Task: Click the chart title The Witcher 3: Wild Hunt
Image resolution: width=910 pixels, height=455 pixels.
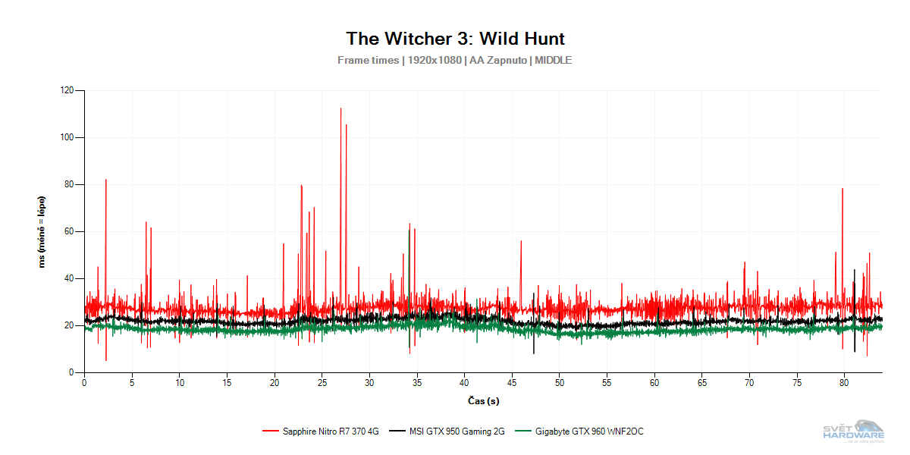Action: (455, 39)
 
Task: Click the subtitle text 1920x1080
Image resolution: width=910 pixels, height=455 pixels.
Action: (434, 61)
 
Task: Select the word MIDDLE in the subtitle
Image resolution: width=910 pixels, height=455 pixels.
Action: (553, 61)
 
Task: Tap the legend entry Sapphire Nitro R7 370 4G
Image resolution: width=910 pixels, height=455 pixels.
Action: (331, 431)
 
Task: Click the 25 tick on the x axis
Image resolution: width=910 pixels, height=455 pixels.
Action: (322, 384)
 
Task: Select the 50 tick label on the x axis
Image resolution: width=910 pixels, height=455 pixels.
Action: (559, 384)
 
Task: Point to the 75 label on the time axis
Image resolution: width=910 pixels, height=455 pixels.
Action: (796, 384)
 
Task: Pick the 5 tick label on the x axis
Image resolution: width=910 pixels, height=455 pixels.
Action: (132, 384)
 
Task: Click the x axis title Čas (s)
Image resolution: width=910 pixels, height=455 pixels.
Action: (483, 400)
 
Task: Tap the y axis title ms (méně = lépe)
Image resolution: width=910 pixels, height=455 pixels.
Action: (42, 231)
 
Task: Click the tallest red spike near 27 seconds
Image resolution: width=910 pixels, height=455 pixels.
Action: (340, 110)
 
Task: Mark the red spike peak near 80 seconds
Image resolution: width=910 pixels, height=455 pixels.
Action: (843, 190)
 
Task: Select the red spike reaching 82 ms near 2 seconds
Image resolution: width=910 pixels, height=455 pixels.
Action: (105, 180)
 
